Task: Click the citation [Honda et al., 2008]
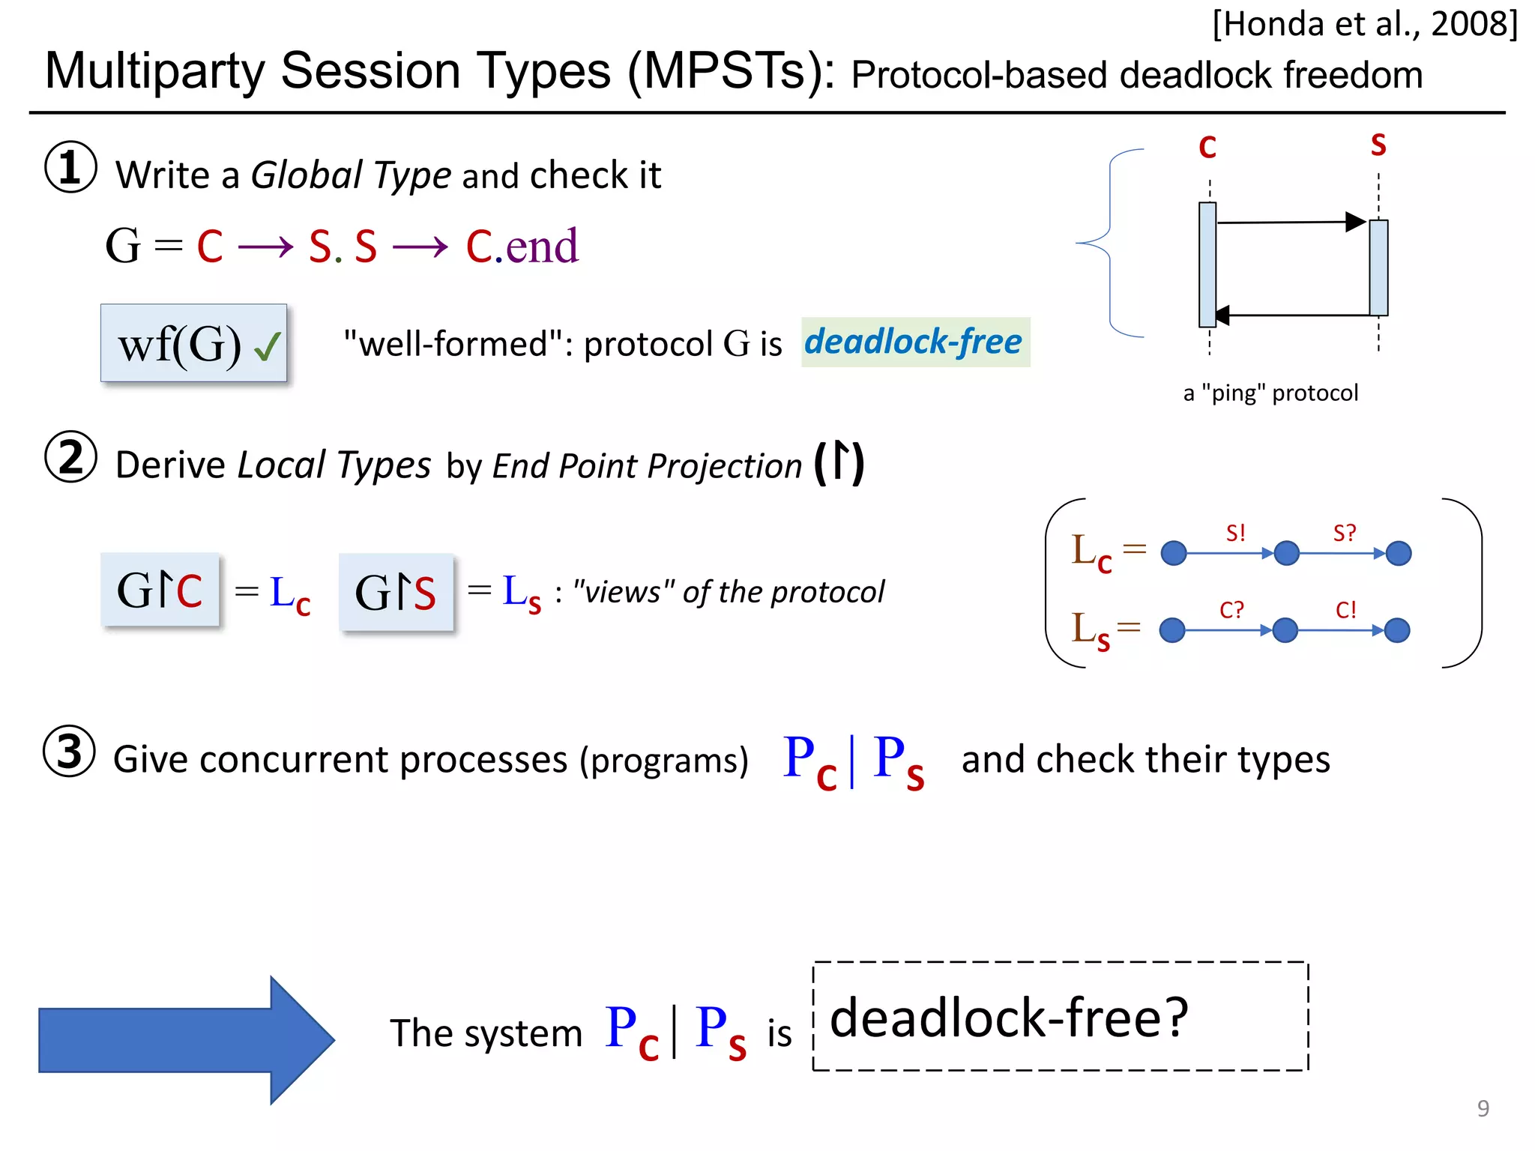(1364, 25)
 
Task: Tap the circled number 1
(70, 167)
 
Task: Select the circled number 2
(70, 457)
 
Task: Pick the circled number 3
(69, 752)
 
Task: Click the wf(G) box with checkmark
(193, 343)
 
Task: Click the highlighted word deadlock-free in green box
(914, 342)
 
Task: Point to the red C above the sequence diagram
(1207, 148)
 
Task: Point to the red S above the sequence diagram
(1378, 145)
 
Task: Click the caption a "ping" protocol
(1270, 393)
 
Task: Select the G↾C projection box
(160, 590)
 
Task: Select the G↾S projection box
(396, 592)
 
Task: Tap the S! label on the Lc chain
(1235, 534)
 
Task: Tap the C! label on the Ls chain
(1345, 610)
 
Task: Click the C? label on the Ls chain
(1231, 610)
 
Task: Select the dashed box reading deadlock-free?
(1060, 1017)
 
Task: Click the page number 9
(1483, 1108)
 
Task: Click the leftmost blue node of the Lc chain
(1173, 554)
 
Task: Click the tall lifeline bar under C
(1207, 265)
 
